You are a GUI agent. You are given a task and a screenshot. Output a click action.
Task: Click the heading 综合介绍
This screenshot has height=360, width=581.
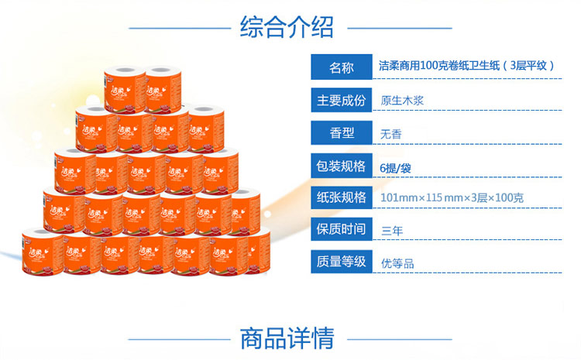[287, 27]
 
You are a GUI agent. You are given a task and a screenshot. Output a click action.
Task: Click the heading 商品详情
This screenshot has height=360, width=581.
[287, 338]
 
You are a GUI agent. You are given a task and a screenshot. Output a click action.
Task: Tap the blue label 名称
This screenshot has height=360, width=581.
[341, 67]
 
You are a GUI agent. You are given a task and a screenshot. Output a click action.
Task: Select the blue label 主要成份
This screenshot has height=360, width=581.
[341, 100]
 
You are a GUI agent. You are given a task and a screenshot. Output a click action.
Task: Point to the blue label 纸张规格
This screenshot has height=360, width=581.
[341, 197]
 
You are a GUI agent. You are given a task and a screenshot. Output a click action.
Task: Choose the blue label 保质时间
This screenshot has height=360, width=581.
[341, 229]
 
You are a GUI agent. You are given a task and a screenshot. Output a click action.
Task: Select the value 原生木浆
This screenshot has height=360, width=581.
[402, 101]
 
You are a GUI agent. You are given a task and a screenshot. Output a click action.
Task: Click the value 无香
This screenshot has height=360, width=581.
[391, 133]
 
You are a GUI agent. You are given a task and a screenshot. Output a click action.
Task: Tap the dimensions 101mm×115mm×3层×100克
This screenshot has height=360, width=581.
[452, 198]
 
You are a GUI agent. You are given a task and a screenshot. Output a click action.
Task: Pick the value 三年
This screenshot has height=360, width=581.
[391, 230]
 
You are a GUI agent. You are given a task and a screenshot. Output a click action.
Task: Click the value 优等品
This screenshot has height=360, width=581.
[397, 262]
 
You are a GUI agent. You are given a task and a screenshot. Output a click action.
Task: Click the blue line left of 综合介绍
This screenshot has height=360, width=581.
[179, 28]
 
